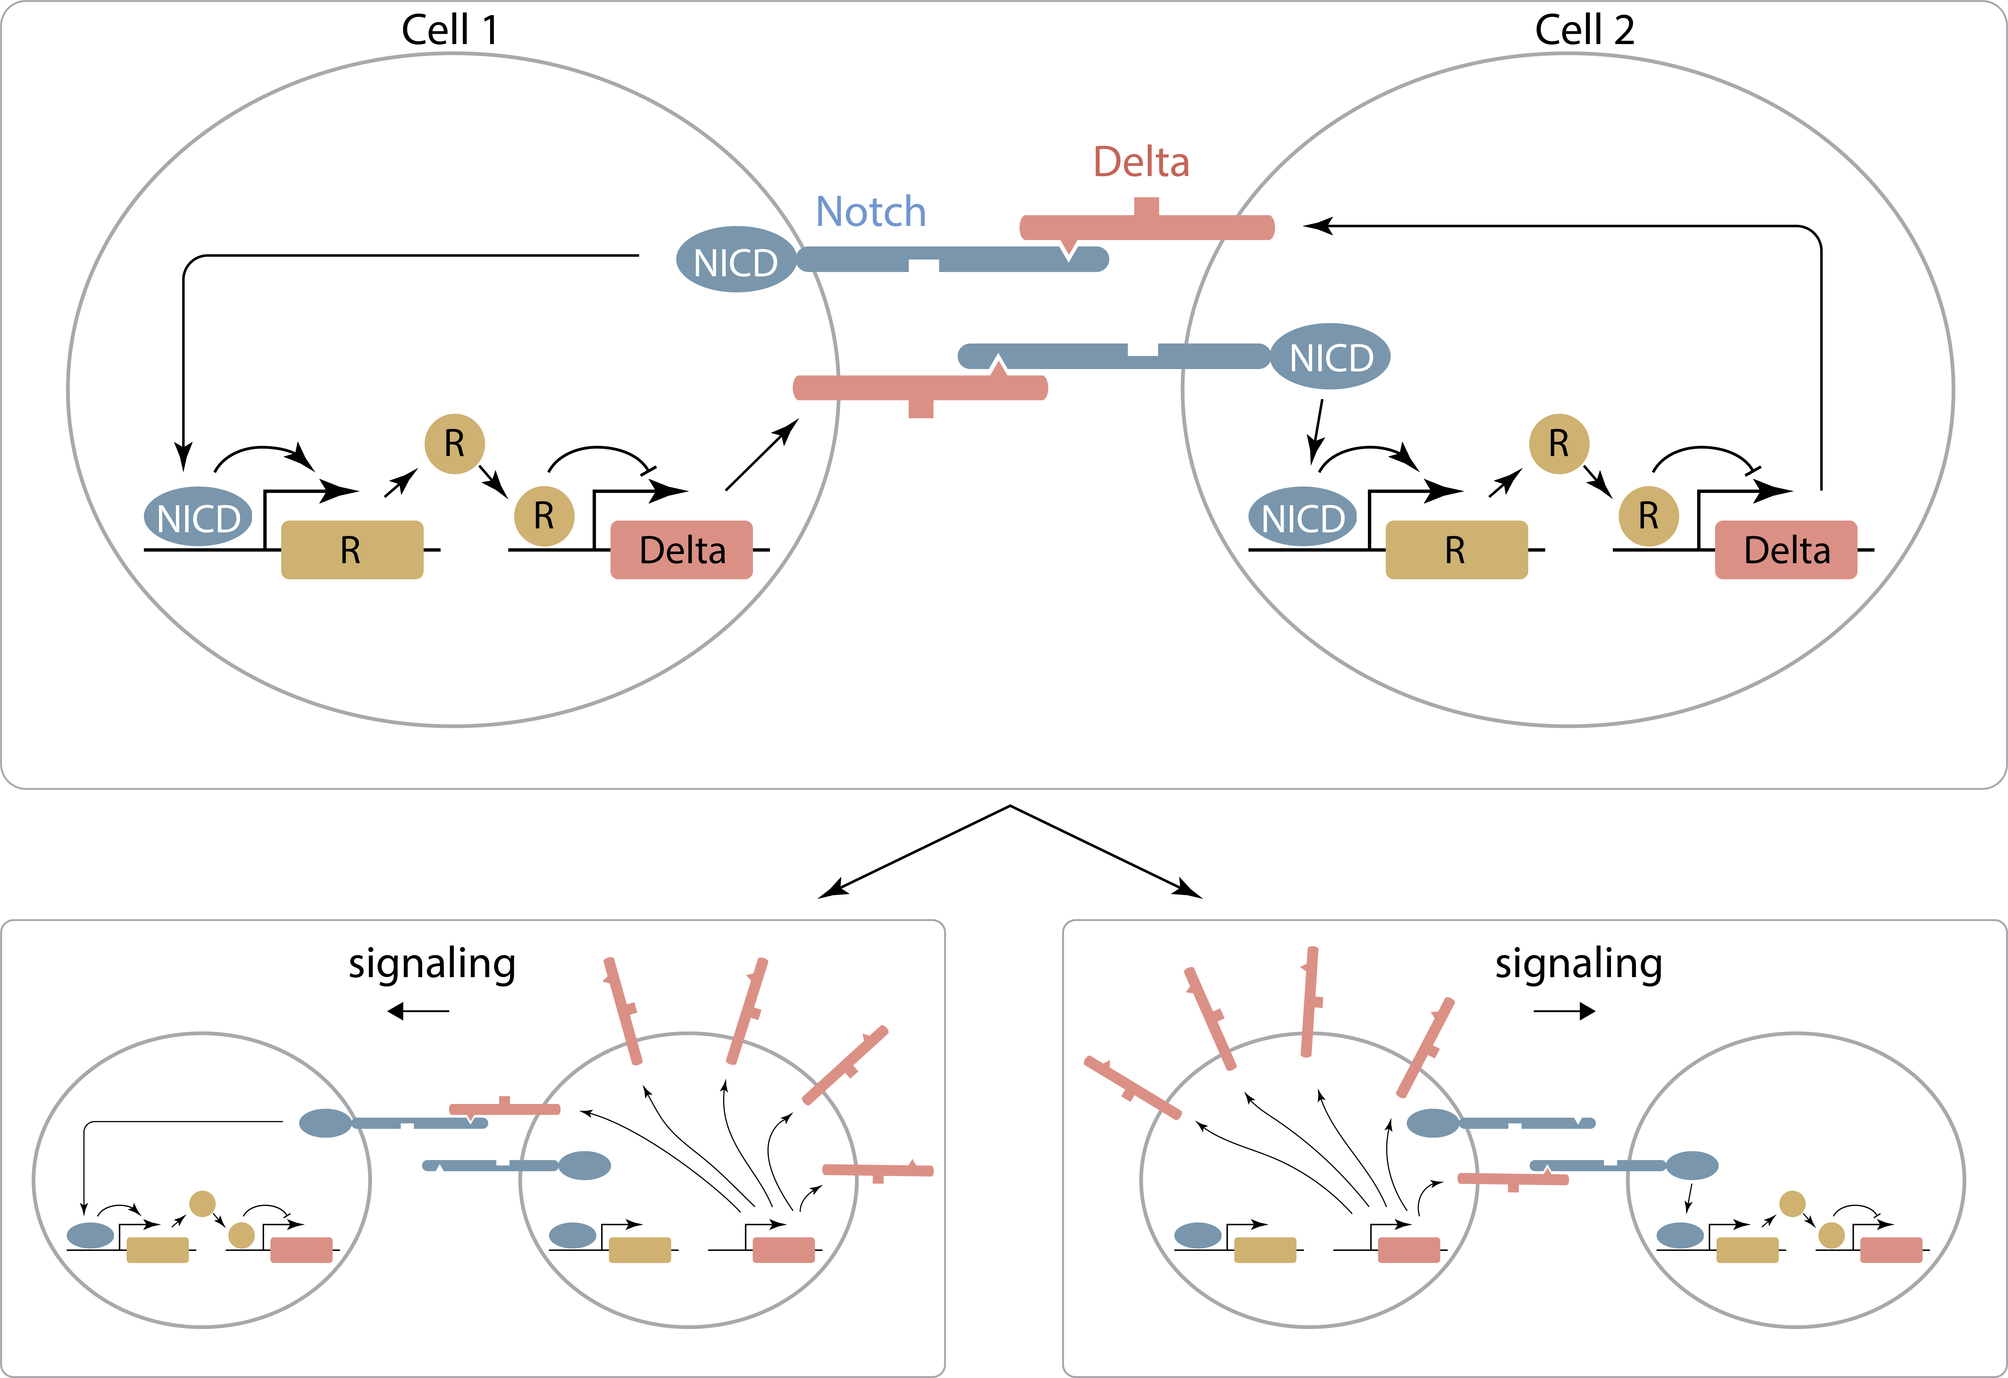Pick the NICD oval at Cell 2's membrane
pyautogui.click(x=1331, y=356)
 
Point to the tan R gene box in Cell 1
pyautogui.click(x=352, y=550)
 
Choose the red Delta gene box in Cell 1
pyautogui.click(x=682, y=550)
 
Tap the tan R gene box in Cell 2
pyautogui.click(x=1456, y=550)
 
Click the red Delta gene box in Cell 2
pyautogui.click(x=1786, y=550)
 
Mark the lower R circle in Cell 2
pyautogui.click(x=1648, y=516)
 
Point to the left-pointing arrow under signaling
pyautogui.click(x=418, y=1011)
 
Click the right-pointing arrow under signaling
pyautogui.click(x=1565, y=1011)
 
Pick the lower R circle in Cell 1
pyautogui.click(x=544, y=516)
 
